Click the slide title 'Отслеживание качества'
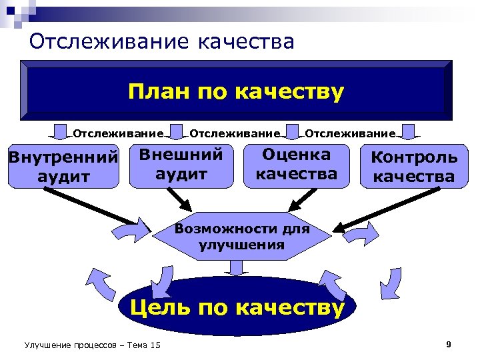coord(162,41)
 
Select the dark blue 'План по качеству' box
coord(236,91)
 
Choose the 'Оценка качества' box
coord(297,165)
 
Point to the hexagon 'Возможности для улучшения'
coord(241,237)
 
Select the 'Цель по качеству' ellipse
coord(237,307)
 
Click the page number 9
coord(449,344)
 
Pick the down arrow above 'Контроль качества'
coord(409,133)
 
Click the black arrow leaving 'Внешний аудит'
coord(177,197)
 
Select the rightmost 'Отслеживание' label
coord(350,133)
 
